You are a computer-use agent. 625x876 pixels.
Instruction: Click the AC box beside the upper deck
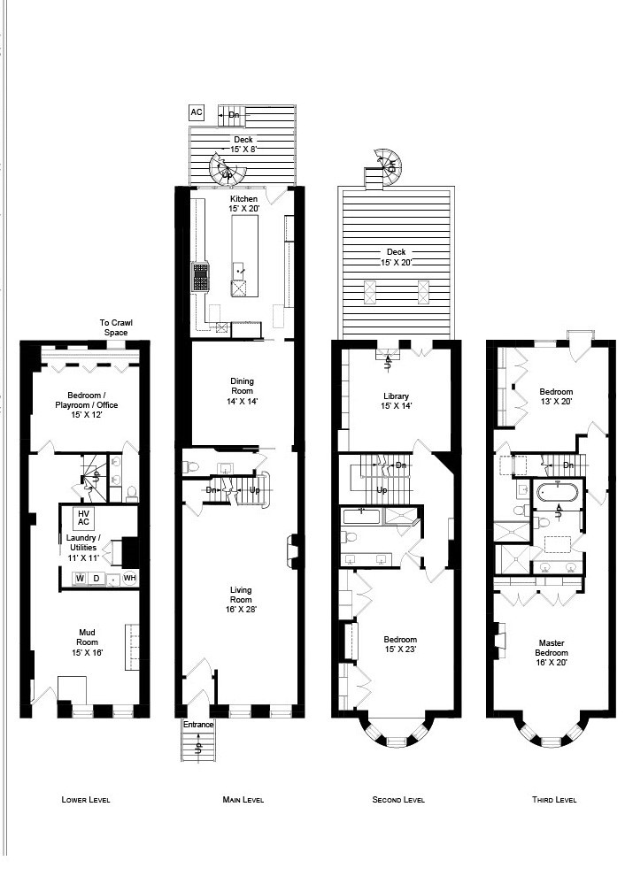click(x=196, y=113)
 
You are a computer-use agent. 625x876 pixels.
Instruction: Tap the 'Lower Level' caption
click(x=86, y=800)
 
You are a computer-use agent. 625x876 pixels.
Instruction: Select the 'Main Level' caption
click(x=243, y=800)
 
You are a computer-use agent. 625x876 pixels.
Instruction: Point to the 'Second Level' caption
click(x=397, y=800)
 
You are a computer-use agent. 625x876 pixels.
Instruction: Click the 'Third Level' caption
click(x=554, y=800)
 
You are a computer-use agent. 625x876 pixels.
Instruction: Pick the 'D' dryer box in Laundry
click(x=96, y=579)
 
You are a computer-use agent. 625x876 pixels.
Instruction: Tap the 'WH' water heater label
click(x=129, y=579)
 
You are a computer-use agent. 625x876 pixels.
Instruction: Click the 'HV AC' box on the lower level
click(x=85, y=518)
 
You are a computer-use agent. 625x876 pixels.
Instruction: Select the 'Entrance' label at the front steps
click(x=198, y=725)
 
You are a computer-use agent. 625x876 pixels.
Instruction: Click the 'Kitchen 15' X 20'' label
click(x=244, y=204)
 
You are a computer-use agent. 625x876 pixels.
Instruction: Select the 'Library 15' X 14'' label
click(x=397, y=401)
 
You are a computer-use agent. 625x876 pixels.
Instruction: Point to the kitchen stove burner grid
click(x=200, y=276)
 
